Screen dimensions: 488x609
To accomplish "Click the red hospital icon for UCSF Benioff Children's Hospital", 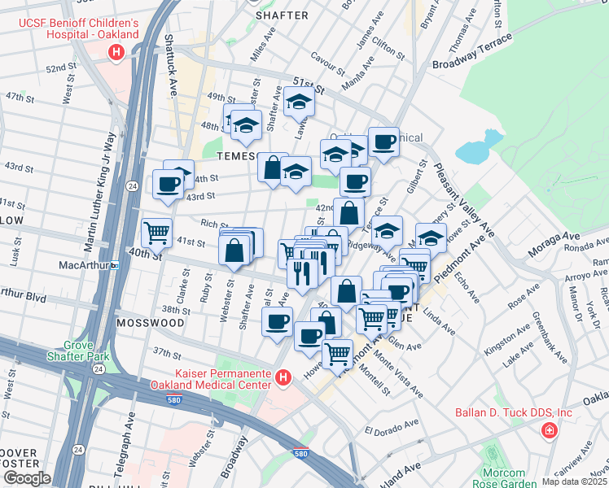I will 116,53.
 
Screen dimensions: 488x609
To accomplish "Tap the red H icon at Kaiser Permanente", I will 283,378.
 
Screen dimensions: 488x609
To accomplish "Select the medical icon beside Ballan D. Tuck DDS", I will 550,429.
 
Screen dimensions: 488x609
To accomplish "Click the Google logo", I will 26,478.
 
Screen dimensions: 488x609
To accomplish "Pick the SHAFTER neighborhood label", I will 282,15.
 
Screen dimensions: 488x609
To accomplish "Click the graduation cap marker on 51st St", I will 299,101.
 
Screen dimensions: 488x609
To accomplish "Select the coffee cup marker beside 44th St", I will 169,185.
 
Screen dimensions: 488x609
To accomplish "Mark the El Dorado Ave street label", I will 390,430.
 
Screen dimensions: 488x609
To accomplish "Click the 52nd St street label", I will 62,69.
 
